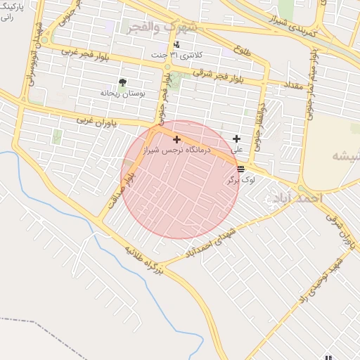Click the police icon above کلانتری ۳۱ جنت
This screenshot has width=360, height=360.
pyautogui.click(x=176, y=45)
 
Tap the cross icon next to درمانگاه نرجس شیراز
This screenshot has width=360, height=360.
pyautogui.click(x=176, y=140)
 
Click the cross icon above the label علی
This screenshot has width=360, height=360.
pyautogui.click(x=236, y=139)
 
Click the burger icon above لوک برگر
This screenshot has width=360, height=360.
pyautogui.click(x=241, y=169)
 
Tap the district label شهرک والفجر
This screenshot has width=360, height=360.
pyautogui.click(x=162, y=27)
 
